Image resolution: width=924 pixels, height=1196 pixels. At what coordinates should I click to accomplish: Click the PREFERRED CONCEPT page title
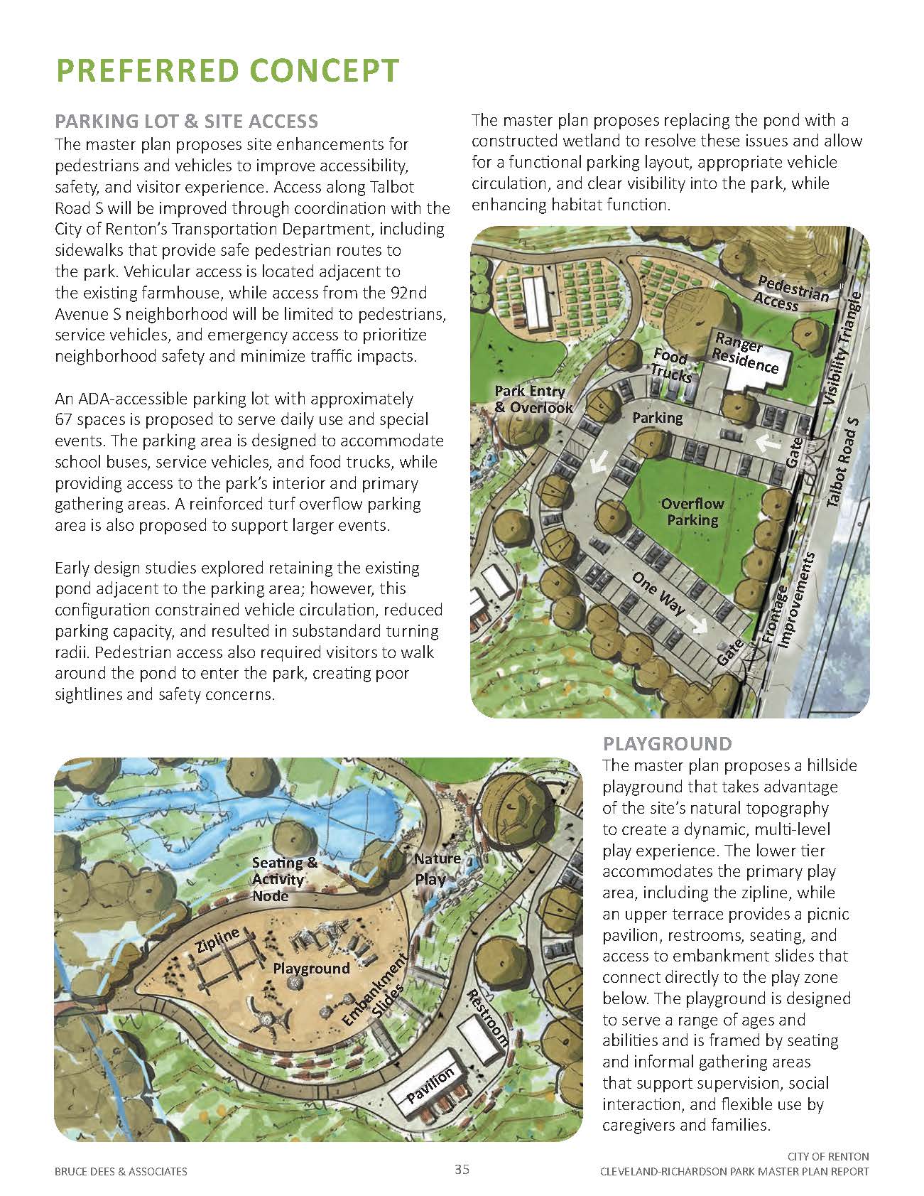point(227,71)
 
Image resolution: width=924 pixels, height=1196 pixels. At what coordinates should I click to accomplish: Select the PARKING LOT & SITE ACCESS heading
point(186,121)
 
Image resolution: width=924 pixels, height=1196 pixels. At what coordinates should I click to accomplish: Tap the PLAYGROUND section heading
point(667,744)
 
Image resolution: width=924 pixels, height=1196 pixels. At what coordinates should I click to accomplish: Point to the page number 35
point(462,1170)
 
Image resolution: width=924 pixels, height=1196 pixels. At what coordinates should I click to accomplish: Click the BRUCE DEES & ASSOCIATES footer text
point(121,1171)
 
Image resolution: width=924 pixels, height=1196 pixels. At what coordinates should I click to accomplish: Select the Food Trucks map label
point(671,365)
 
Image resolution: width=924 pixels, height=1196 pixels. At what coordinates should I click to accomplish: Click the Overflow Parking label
point(692,512)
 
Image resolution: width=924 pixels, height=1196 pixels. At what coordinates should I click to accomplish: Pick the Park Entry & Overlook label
point(533,399)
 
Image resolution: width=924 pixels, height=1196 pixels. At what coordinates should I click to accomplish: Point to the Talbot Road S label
point(843,462)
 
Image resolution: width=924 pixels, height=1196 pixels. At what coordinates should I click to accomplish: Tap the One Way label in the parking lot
point(658,593)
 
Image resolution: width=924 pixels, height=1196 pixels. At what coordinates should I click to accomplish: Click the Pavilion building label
point(430,1085)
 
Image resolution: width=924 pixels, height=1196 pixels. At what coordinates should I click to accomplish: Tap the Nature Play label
point(435,868)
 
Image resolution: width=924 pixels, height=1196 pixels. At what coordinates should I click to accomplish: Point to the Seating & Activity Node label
point(284,879)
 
